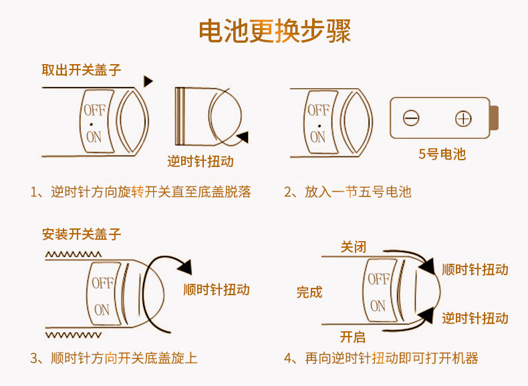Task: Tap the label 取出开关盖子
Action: [x=81, y=69]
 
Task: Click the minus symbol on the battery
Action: [x=411, y=119]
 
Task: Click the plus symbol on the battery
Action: [x=463, y=119]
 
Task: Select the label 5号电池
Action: [x=442, y=154]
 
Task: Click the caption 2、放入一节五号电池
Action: [x=347, y=192]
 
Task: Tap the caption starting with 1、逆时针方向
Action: [x=140, y=192]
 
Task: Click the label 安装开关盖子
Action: [x=81, y=234]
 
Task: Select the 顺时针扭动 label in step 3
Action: [x=216, y=289]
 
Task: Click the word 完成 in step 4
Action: [x=309, y=292]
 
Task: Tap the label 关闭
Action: [x=353, y=247]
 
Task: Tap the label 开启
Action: [x=353, y=337]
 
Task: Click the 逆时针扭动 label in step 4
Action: [x=475, y=318]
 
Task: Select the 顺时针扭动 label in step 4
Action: [x=475, y=269]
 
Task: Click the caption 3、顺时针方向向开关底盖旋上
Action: [x=114, y=359]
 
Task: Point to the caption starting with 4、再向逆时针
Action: [x=381, y=359]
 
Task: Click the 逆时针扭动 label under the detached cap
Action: [x=200, y=162]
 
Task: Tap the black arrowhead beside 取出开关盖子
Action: [x=148, y=81]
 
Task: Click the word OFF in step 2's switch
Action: [x=318, y=110]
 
